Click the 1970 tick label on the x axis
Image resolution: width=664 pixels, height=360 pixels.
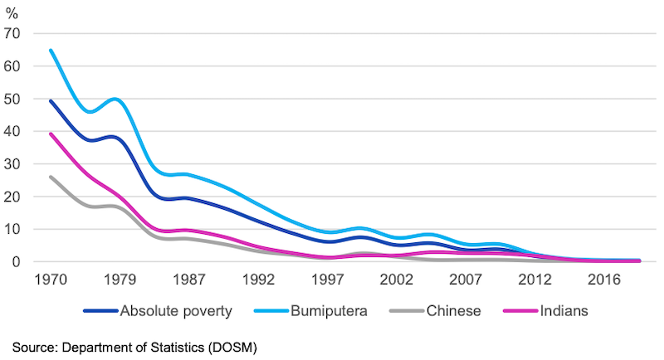point(52,279)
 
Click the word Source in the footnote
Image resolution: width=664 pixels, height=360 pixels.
point(33,343)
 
